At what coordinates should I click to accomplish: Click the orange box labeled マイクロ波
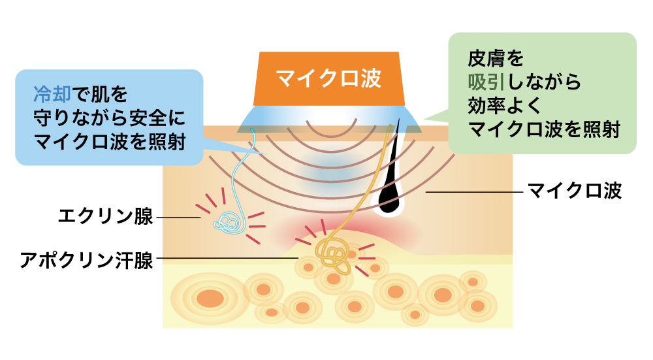click(x=328, y=78)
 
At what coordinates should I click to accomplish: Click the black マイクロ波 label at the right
click(x=574, y=192)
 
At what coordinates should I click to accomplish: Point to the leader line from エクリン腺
click(x=178, y=217)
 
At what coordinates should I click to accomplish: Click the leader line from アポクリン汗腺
click(x=229, y=258)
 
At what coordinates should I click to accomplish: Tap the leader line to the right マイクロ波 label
click(x=473, y=192)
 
